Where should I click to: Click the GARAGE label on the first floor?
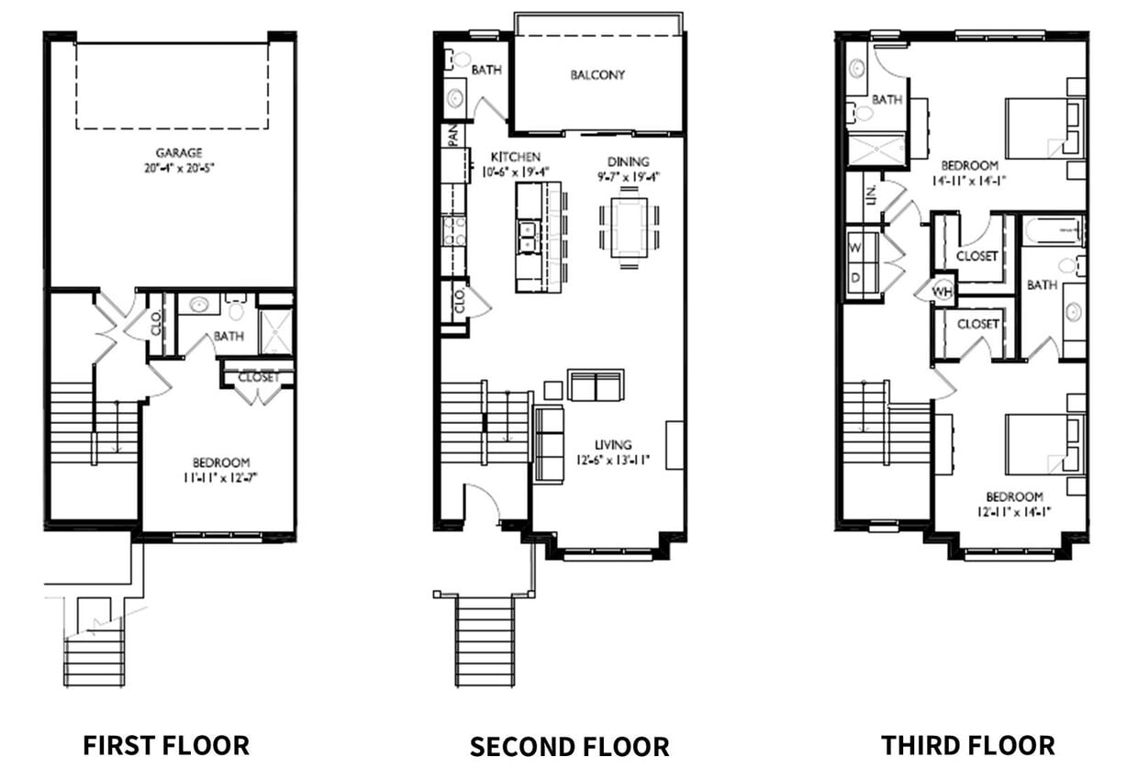pos(179,152)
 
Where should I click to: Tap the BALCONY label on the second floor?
pos(597,75)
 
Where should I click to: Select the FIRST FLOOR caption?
pos(166,743)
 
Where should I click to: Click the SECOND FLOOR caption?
pos(569,746)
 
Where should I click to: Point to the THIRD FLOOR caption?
pos(967,743)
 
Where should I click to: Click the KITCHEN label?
pos(515,157)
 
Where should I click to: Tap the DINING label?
pos(628,161)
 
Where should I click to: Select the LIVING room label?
pos(613,446)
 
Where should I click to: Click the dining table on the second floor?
pos(630,228)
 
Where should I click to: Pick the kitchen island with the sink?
pos(538,237)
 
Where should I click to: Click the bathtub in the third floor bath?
pos(1053,230)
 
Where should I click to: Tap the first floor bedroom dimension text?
pos(220,477)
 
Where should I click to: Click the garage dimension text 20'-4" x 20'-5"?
pos(179,167)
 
